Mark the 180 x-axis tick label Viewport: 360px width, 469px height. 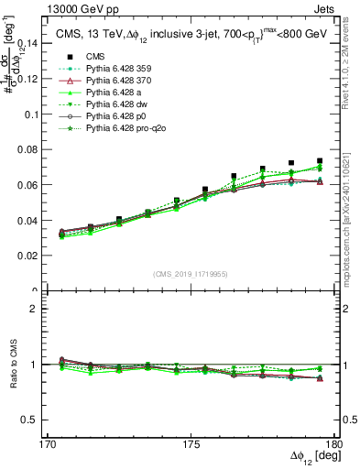tap(337, 442)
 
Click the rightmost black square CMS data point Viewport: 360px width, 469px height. tap(320, 161)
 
